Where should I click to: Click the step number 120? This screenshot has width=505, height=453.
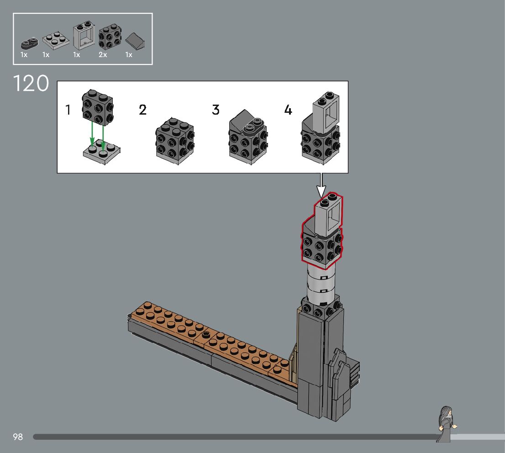click(x=31, y=84)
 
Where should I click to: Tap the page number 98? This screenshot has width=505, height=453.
click(x=18, y=437)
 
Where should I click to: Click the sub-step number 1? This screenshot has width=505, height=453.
click(x=68, y=110)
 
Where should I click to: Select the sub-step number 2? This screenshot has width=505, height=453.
click(x=142, y=110)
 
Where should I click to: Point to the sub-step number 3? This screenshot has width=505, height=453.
click(x=216, y=110)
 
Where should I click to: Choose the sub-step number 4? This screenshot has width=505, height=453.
click(x=288, y=110)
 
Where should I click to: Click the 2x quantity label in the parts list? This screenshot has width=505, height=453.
click(x=103, y=55)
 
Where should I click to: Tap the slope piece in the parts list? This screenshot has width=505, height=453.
click(x=135, y=41)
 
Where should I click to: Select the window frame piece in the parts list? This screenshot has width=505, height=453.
click(x=84, y=35)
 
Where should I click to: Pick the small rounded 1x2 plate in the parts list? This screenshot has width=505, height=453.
click(x=29, y=43)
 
